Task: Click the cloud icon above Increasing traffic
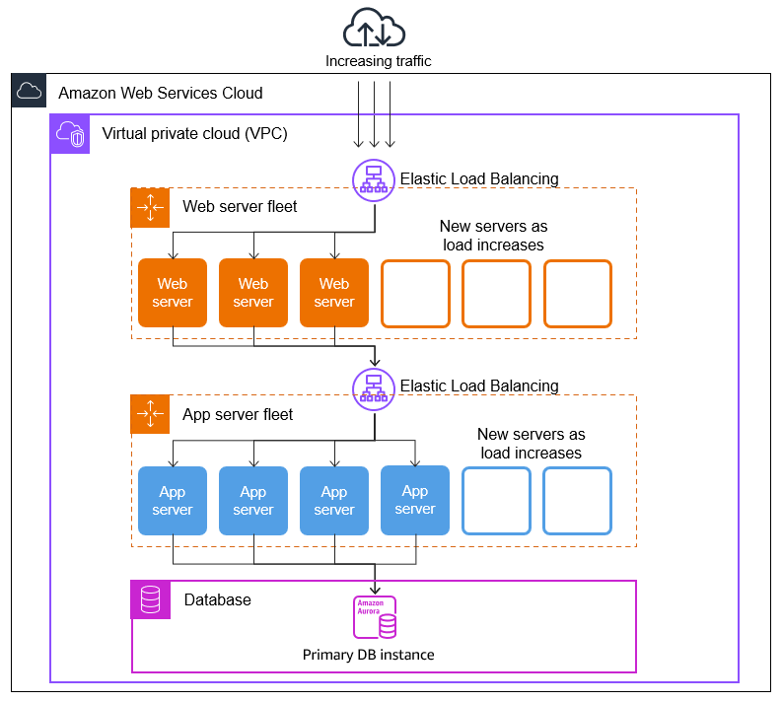coord(374,27)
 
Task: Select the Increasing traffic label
coord(379,61)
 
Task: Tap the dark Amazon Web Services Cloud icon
coord(30,92)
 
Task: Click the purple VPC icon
coord(69,133)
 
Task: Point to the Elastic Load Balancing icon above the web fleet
coord(374,178)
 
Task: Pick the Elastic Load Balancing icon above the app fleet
coord(374,386)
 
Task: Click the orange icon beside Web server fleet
coord(150,207)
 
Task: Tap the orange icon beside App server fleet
coord(150,414)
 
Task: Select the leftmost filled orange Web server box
coord(173,293)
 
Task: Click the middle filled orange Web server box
coord(253,293)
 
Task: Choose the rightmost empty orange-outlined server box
coord(578,293)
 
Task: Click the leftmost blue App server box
coord(173,501)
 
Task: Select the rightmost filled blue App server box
coord(415,500)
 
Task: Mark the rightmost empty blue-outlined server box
coord(577,501)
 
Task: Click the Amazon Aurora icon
coord(375,617)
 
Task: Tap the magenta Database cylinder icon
coord(150,599)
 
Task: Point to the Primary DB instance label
coord(368,655)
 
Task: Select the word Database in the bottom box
coord(217,599)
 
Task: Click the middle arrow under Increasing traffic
coord(375,113)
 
